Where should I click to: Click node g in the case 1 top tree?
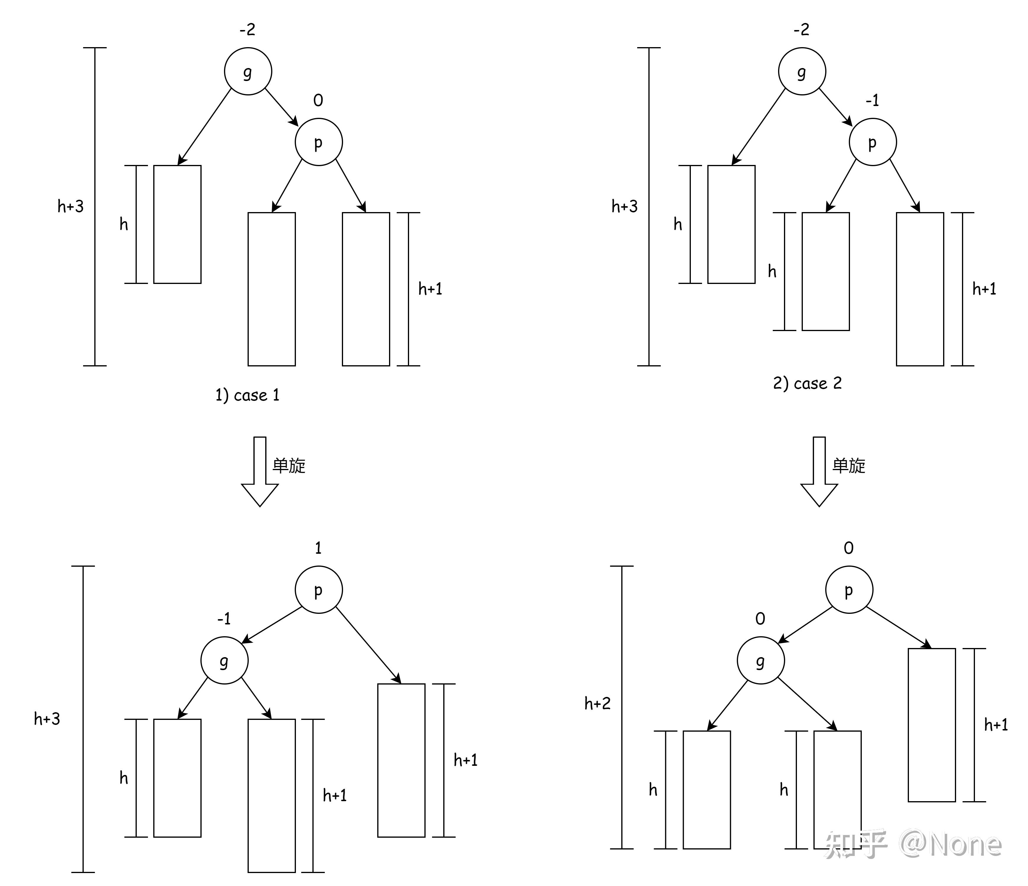point(248,71)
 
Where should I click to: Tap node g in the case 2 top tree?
point(802,71)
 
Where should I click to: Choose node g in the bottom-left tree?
point(224,660)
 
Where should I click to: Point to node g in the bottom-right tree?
point(761,660)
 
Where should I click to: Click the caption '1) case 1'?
point(248,395)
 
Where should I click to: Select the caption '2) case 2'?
point(807,383)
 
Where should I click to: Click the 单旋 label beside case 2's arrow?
point(849,466)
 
